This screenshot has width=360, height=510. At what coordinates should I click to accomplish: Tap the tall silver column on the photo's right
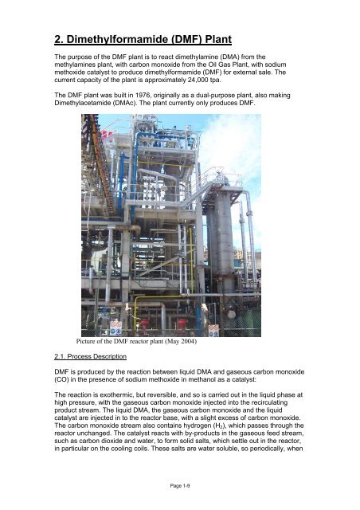click(x=225, y=231)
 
